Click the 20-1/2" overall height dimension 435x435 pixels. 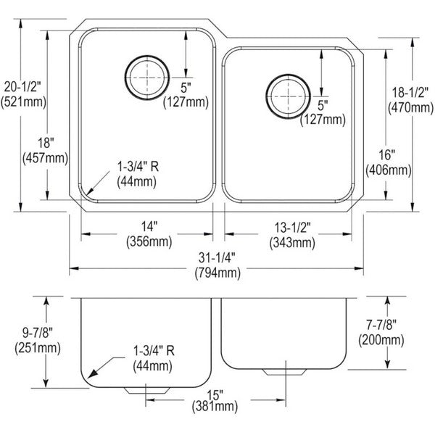(x=22, y=88)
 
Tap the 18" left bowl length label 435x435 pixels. (x=46, y=143)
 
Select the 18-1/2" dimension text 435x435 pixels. (x=410, y=92)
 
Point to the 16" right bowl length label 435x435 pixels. (x=387, y=155)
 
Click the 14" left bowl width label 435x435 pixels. (x=149, y=227)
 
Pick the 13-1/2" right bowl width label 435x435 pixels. (x=292, y=228)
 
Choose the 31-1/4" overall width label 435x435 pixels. (x=217, y=258)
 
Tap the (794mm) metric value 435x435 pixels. (x=217, y=273)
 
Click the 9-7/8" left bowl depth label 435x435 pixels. (x=38, y=332)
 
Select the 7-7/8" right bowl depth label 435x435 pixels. (x=381, y=325)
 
